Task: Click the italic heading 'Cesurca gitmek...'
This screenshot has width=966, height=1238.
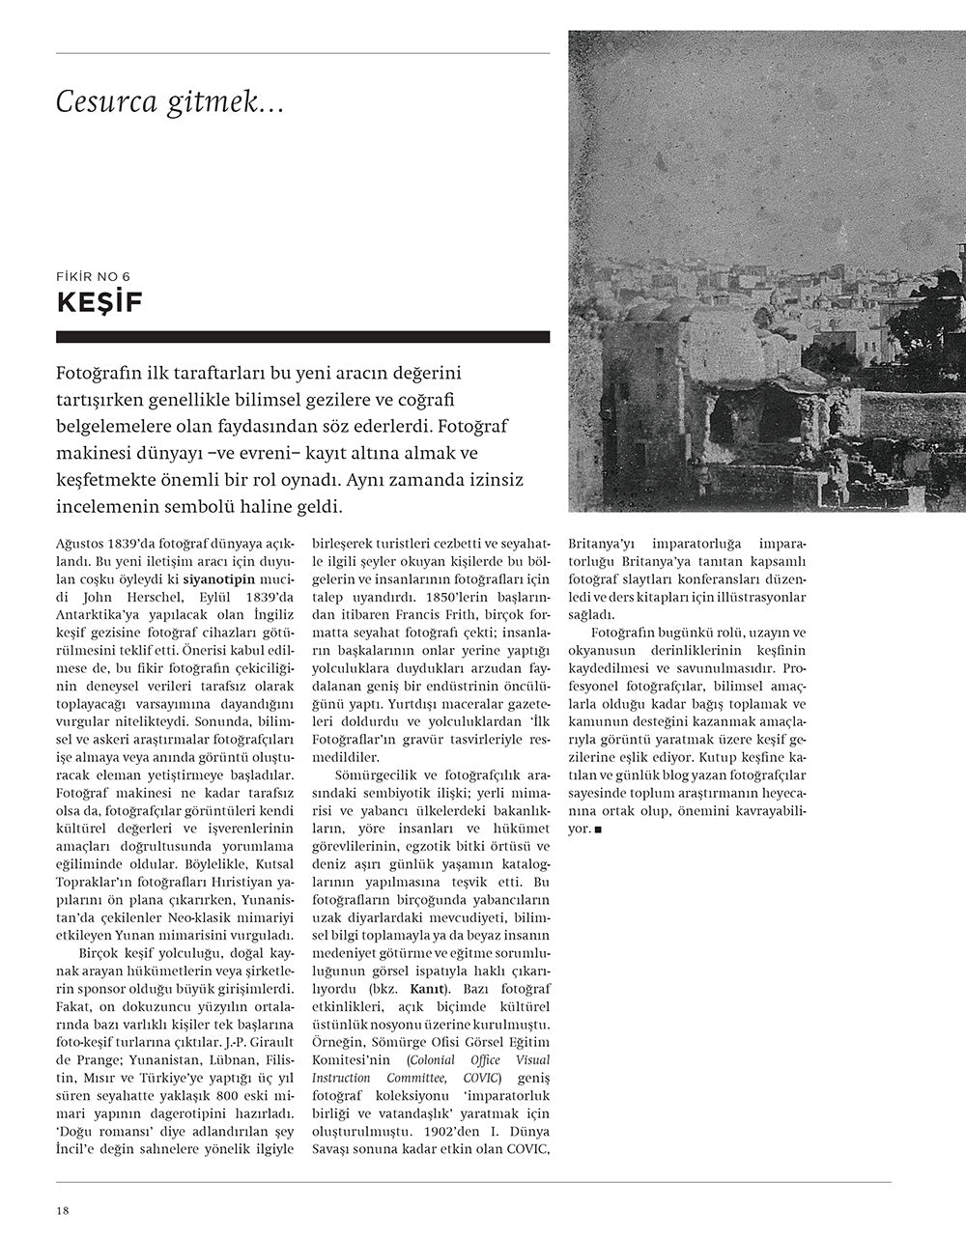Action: coord(169,101)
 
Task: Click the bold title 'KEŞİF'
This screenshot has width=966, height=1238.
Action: coord(99,303)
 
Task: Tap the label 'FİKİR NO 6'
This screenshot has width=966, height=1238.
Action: coord(94,276)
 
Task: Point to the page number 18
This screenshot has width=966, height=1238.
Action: coord(62,1211)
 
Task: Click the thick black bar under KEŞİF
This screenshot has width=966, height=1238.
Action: coord(302,337)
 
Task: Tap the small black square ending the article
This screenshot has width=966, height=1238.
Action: coord(599,830)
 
